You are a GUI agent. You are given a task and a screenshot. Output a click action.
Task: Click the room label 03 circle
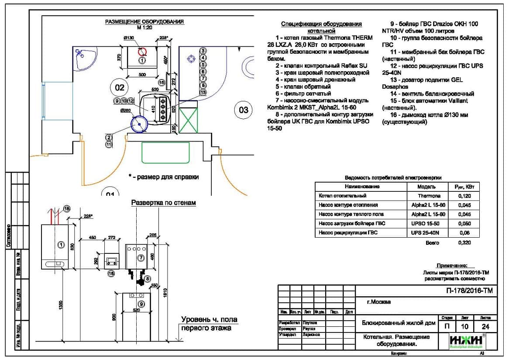[x=243, y=109]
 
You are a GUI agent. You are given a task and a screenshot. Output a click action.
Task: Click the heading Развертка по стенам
[x=164, y=203]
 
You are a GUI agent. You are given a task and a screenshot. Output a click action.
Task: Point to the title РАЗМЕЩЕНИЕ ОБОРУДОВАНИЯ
[x=144, y=21]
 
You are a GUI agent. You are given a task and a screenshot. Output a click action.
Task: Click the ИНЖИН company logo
[x=466, y=341]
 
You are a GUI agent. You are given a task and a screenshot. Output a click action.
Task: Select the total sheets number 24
[x=485, y=326]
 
